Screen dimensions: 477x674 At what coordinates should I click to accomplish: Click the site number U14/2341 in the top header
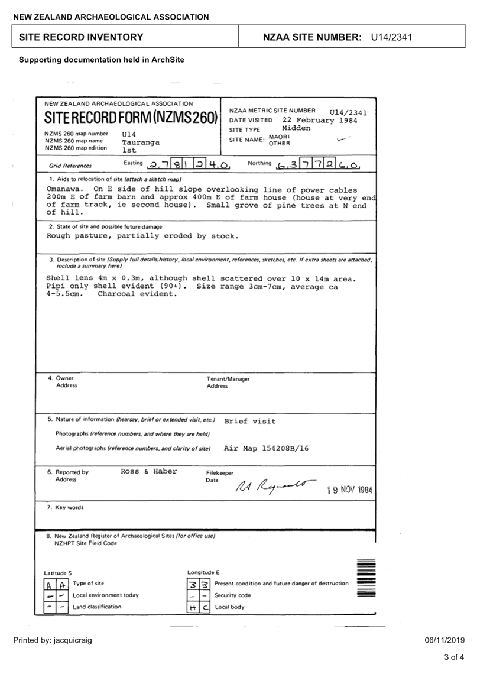[391, 37]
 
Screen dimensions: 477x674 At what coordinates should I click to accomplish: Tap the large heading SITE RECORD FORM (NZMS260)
[131, 117]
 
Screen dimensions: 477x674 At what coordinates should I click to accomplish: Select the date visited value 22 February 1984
[320, 121]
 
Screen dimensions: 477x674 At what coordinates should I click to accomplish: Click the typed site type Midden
[296, 128]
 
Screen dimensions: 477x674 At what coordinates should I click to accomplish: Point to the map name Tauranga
[141, 142]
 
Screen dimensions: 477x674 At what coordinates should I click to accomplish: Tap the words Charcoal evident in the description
[137, 294]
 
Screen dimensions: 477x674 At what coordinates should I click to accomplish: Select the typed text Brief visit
[249, 421]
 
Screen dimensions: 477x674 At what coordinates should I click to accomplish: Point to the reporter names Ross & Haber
[149, 472]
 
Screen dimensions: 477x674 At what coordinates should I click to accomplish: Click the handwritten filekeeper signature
[275, 486]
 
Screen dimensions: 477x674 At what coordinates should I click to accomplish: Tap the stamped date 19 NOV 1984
[350, 490]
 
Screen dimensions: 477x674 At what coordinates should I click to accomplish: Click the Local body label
[229, 607]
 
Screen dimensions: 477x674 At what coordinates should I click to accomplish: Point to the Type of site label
[88, 584]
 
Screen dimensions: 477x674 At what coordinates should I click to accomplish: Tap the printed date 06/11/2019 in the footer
[444, 640]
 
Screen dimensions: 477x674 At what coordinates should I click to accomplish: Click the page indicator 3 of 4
[454, 657]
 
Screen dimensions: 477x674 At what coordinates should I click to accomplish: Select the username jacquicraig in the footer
[73, 640]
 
